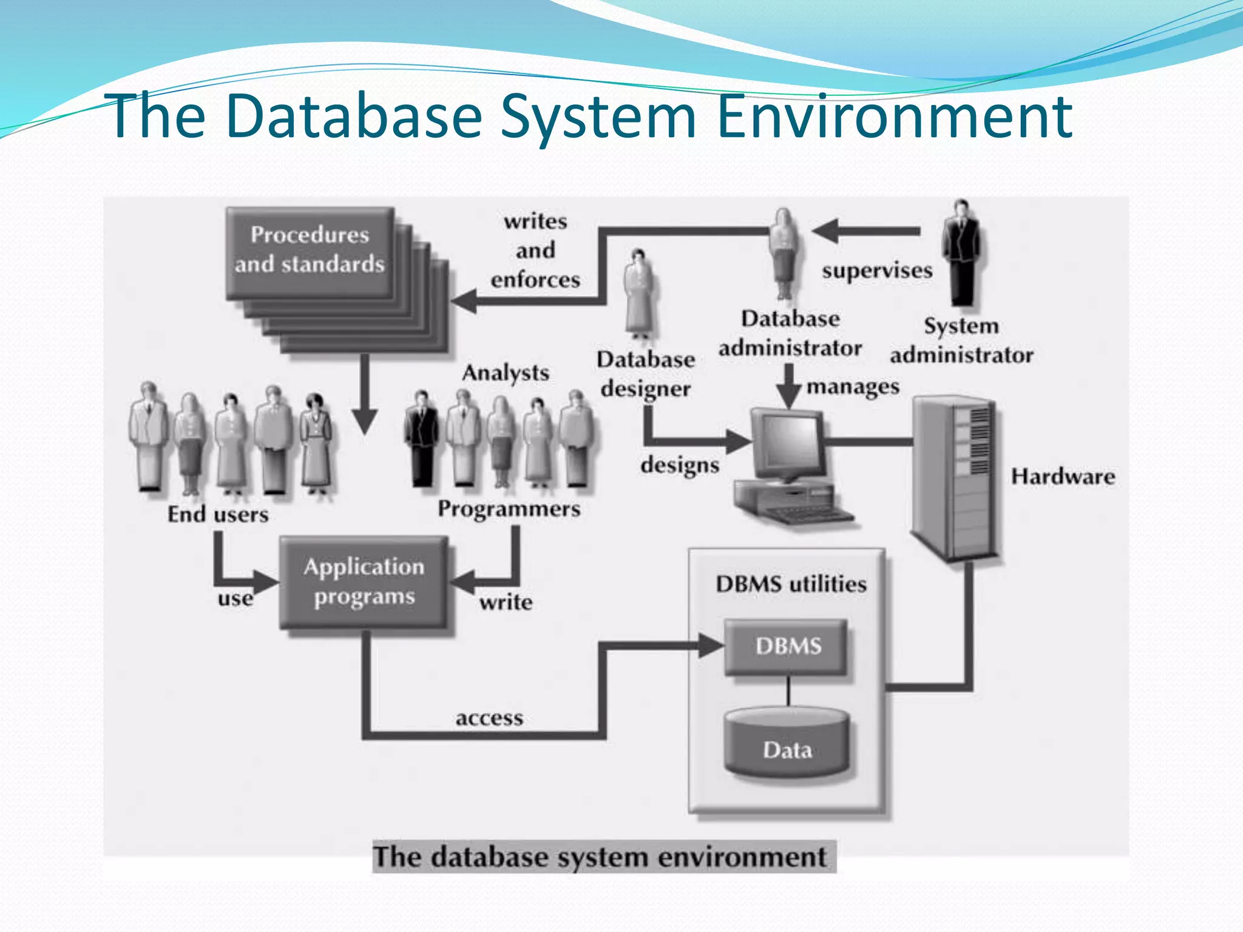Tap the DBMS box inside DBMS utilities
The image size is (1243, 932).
click(788, 647)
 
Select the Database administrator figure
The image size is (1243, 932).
click(784, 255)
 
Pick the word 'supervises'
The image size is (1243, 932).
click(877, 271)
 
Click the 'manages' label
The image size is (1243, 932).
click(853, 387)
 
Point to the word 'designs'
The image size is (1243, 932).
click(680, 465)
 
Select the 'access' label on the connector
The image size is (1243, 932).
click(489, 718)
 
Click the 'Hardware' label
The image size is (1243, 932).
click(1063, 476)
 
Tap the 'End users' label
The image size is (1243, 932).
click(218, 515)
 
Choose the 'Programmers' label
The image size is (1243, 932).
click(509, 509)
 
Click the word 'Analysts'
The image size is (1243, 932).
click(505, 373)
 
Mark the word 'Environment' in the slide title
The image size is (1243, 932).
click(895, 116)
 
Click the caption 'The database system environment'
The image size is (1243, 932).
click(600, 857)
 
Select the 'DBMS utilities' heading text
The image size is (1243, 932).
click(791, 584)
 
